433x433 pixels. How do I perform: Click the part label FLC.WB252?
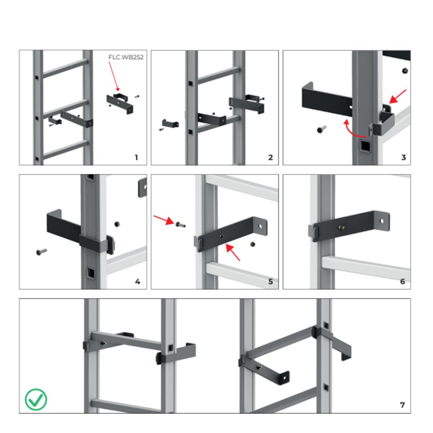coord(126,57)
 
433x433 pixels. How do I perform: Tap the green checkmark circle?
coord(36,399)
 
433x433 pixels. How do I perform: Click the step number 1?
coord(136,158)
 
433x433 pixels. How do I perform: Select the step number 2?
coord(271,158)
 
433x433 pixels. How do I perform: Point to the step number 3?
coord(403,158)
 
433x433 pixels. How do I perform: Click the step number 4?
coord(137,281)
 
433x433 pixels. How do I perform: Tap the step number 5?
coord(271,281)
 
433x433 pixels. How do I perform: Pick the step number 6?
coord(402,281)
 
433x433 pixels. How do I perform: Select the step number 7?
coord(402,405)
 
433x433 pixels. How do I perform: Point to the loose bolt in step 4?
coord(41,252)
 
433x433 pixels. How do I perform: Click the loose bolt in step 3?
coord(322,129)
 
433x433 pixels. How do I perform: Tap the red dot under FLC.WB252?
coord(118,89)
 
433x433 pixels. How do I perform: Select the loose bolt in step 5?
coord(180,224)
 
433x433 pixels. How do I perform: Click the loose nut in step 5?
coord(253,244)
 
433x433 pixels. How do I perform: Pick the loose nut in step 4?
coord(117,224)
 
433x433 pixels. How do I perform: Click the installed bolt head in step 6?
coord(341,228)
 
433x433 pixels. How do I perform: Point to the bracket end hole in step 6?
coord(381,221)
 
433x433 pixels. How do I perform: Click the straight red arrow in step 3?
coord(397,96)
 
